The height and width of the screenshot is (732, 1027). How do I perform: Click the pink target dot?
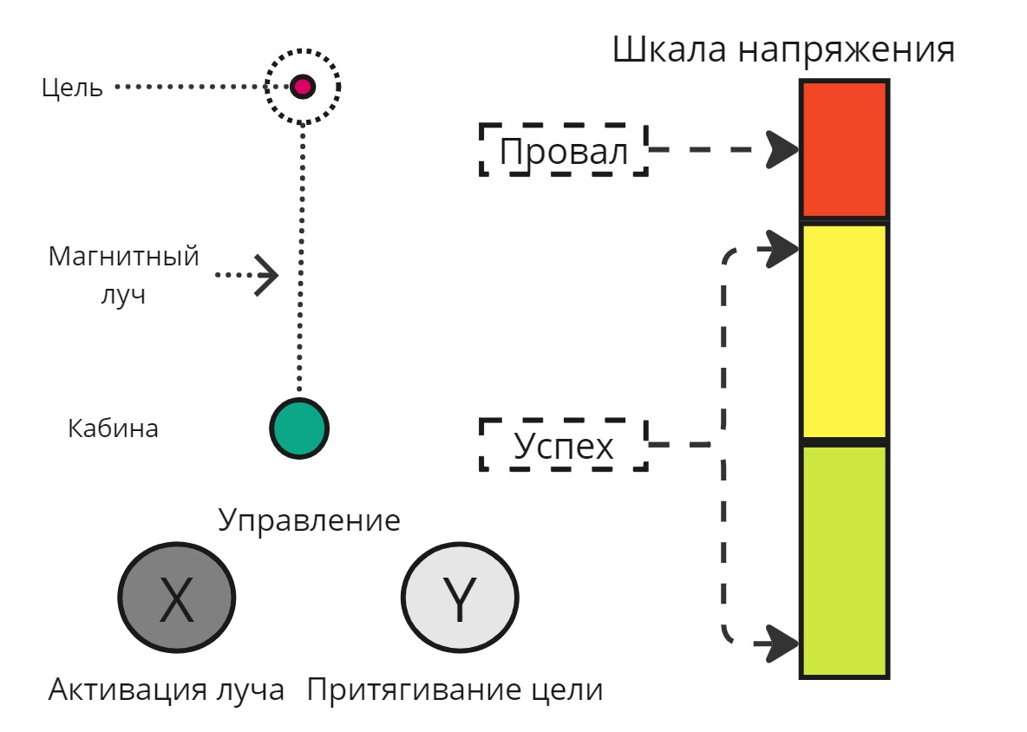pos(302,87)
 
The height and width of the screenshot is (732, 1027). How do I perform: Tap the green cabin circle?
pos(299,428)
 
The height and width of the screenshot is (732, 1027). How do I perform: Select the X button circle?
pos(177,597)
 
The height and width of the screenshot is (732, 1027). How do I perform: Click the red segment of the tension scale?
pos(844,149)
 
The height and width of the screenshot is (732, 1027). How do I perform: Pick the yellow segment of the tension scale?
pos(844,331)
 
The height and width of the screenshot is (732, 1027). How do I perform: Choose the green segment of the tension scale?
pos(844,560)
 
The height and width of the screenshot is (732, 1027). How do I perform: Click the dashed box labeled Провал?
pos(564,150)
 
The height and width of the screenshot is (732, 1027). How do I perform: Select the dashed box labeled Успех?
pos(564,445)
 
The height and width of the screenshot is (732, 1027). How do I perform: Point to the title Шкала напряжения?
pos(783,49)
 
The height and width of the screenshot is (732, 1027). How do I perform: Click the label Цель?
pos(72,88)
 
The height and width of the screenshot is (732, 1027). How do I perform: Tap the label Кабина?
pos(113,428)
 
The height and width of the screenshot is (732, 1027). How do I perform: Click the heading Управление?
pos(309,520)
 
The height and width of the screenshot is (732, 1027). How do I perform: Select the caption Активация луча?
pos(167,690)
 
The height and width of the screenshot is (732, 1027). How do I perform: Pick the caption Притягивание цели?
pos(455,690)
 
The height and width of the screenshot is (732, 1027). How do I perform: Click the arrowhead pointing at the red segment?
pos(782,149)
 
